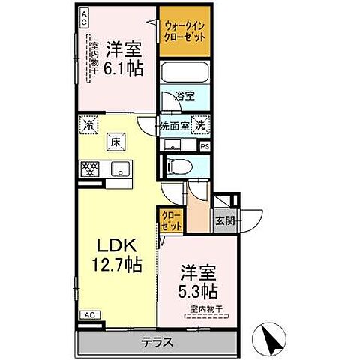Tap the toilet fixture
[176, 166]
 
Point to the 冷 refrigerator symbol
[88, 126]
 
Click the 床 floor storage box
[118, 142]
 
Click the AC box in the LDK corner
[88, 316]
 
